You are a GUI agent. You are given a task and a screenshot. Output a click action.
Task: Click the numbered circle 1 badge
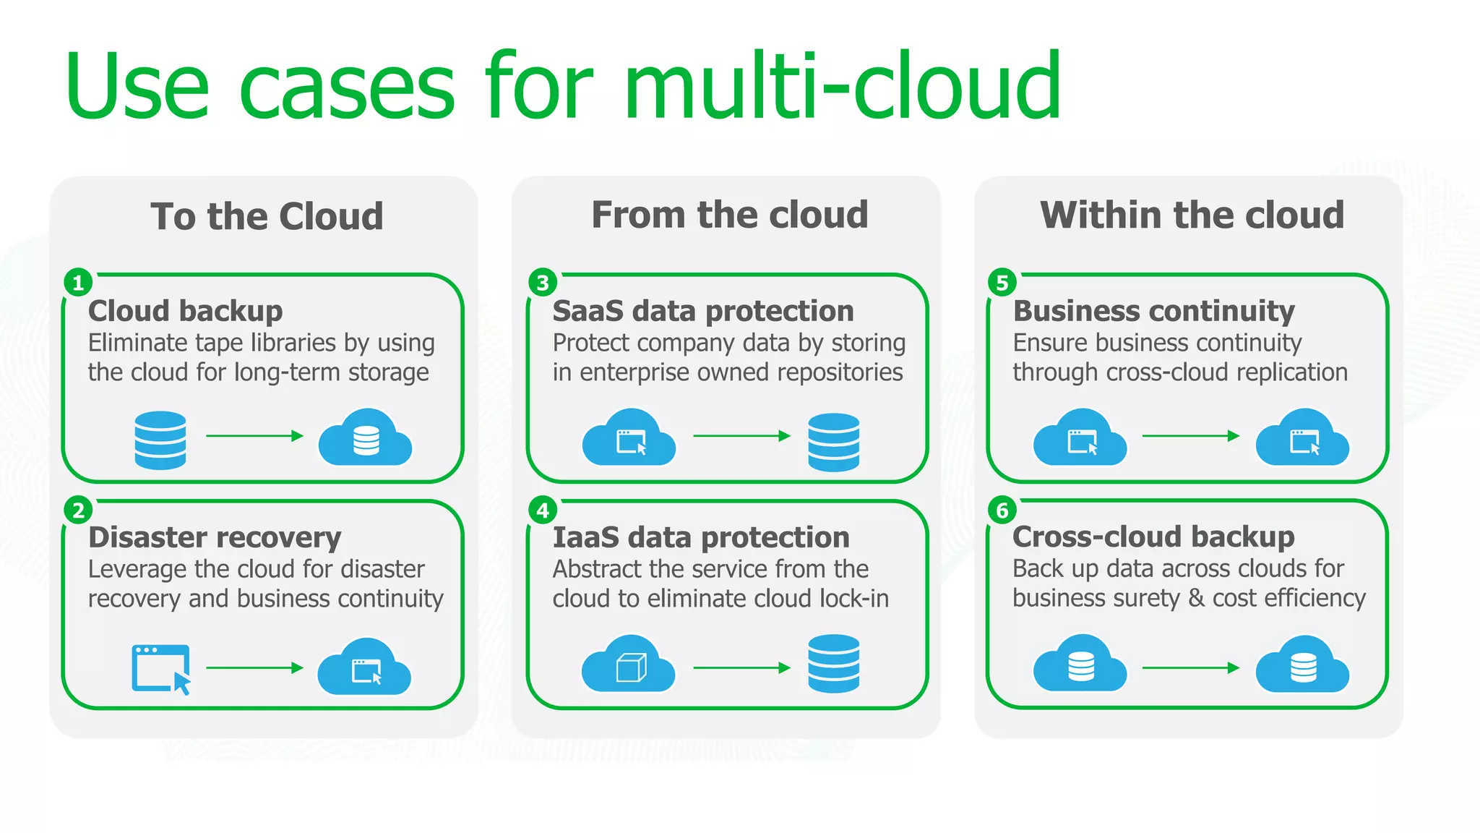point(78,283)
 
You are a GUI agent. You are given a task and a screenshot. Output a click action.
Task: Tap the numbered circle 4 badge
point(543,510)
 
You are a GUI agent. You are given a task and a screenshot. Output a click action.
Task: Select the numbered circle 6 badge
point(1002,510)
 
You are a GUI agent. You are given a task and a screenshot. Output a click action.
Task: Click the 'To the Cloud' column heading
point(267,216)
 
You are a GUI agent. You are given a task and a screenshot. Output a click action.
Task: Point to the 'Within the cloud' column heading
point(1192,215)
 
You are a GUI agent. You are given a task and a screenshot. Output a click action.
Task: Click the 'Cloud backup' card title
point(185,311)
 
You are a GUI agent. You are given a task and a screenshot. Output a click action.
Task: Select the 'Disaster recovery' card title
point(215,537)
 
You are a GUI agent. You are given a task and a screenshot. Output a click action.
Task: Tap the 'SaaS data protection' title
point(703,311)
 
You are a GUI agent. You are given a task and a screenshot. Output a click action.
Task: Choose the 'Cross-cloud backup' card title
point(1153,537)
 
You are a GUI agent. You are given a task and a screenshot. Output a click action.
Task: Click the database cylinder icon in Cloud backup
point(160,440)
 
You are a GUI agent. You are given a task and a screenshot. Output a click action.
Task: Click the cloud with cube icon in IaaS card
point(629,665)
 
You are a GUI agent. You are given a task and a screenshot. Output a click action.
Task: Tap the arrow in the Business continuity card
point(1190,436)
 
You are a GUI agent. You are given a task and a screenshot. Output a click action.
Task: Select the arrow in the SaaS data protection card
point(741,436)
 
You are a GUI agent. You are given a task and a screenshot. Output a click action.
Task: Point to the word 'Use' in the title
point(137,87)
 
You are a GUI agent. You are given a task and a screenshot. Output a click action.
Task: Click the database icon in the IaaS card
point(834,664)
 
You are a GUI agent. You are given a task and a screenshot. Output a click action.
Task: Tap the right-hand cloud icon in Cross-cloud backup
point(1302,665)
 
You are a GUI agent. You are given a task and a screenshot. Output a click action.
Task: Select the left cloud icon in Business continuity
point(1080,438)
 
